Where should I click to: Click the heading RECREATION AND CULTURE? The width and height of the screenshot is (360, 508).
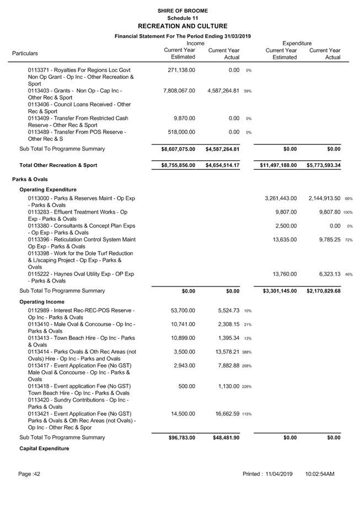[x=182, y=26]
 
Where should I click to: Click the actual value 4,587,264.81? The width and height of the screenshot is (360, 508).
[x=223, y=91]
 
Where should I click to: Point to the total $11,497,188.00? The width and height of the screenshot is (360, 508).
[x=278, y=165]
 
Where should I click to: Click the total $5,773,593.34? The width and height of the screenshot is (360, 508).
[x=324, y=165]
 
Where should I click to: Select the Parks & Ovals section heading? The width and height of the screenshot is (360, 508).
[x=30, y=179]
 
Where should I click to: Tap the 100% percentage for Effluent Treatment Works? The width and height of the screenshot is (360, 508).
[x=348, y=213]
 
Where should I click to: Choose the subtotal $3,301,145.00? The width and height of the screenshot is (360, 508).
[x=278, y=291]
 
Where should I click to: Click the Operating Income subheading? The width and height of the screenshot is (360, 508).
[x=42, y=302]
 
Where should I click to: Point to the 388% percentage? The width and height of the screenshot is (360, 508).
[x=246, y=352]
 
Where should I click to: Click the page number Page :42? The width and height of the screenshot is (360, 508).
[x=29, y=474]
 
